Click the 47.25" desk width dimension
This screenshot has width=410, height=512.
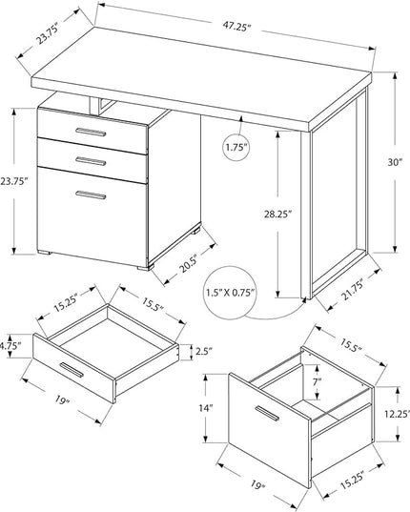click(236, 27)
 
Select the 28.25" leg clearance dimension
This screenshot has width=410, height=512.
click(277, 215)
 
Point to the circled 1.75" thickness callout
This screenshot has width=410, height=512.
click(238, 148)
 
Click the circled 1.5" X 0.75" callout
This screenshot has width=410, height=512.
click(230, 293)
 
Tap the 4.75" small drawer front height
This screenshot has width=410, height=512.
click(10, 345)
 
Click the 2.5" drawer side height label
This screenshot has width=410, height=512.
click(204, 352)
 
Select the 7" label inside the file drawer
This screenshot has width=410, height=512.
click(317, 381)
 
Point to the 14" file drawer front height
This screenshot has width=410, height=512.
click(206, 408)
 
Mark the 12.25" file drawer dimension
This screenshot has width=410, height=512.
click(397, 414)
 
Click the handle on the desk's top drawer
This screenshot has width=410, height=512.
click(91, 132)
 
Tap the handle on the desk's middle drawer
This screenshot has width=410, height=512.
click(91, 161)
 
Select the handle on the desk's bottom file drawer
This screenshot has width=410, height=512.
click(91, 195)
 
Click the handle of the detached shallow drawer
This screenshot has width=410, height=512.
click(72, 370)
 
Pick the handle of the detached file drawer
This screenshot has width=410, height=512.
click(267, 414)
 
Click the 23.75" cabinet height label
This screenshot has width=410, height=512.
click(12, 181)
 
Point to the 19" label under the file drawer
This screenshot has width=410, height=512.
click(257, 484)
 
